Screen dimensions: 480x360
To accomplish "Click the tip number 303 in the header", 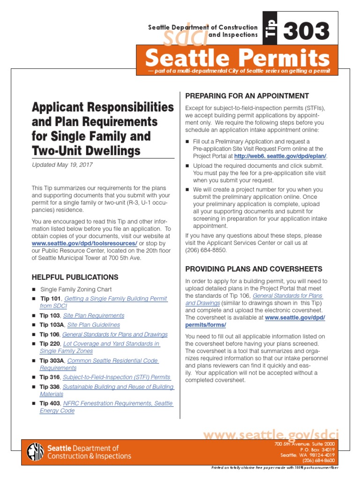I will [306, 32].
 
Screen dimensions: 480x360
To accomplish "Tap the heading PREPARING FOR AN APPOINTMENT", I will [247, 96].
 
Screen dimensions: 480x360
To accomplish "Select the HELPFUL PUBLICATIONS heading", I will [75, 277].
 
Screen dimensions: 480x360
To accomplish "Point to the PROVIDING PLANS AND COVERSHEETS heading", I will [254, 269].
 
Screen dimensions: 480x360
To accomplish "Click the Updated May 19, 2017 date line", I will [62, 165].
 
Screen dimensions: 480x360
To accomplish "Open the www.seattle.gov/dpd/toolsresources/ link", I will [84, 244].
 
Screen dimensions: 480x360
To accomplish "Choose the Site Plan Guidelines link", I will [93, 325].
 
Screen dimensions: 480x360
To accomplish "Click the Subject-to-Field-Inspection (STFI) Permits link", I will [117, 377].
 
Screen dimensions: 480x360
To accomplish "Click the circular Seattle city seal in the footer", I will [36, 452].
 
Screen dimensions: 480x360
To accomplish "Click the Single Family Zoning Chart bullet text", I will [76, 290].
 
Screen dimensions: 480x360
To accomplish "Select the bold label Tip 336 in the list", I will [50, 387].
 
